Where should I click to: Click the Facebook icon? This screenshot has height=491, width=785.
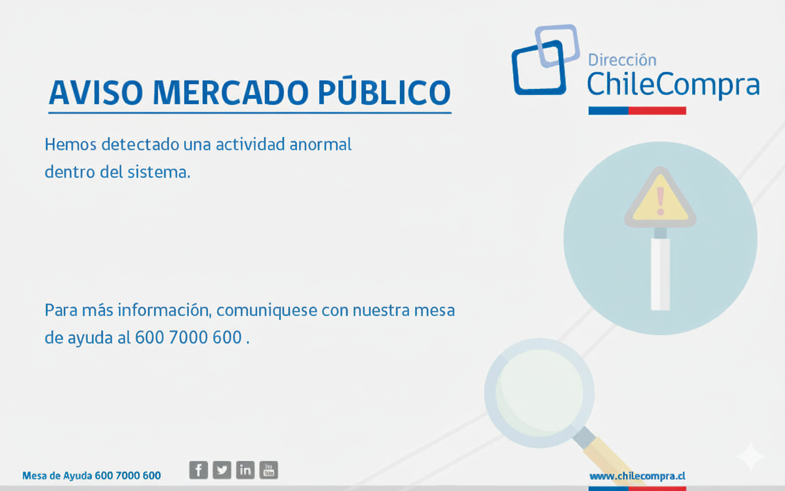point(198,470)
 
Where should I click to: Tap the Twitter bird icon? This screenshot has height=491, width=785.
point(221,470)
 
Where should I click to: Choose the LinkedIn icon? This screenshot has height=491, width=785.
point(245,470)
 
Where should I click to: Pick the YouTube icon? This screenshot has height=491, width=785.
point(269,470)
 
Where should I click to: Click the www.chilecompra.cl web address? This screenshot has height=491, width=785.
point(637,476)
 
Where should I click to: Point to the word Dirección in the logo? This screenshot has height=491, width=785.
point(622,60)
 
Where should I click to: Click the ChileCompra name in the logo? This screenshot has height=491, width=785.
point(673,84)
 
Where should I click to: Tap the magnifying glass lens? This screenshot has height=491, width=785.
point(539,392)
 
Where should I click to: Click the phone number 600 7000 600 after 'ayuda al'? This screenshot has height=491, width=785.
point(188,338)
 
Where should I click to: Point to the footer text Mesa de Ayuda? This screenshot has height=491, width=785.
point(58,476)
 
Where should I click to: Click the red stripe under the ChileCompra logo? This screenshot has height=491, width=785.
point(657,111)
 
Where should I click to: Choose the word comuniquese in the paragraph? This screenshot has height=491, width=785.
point(267,310)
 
